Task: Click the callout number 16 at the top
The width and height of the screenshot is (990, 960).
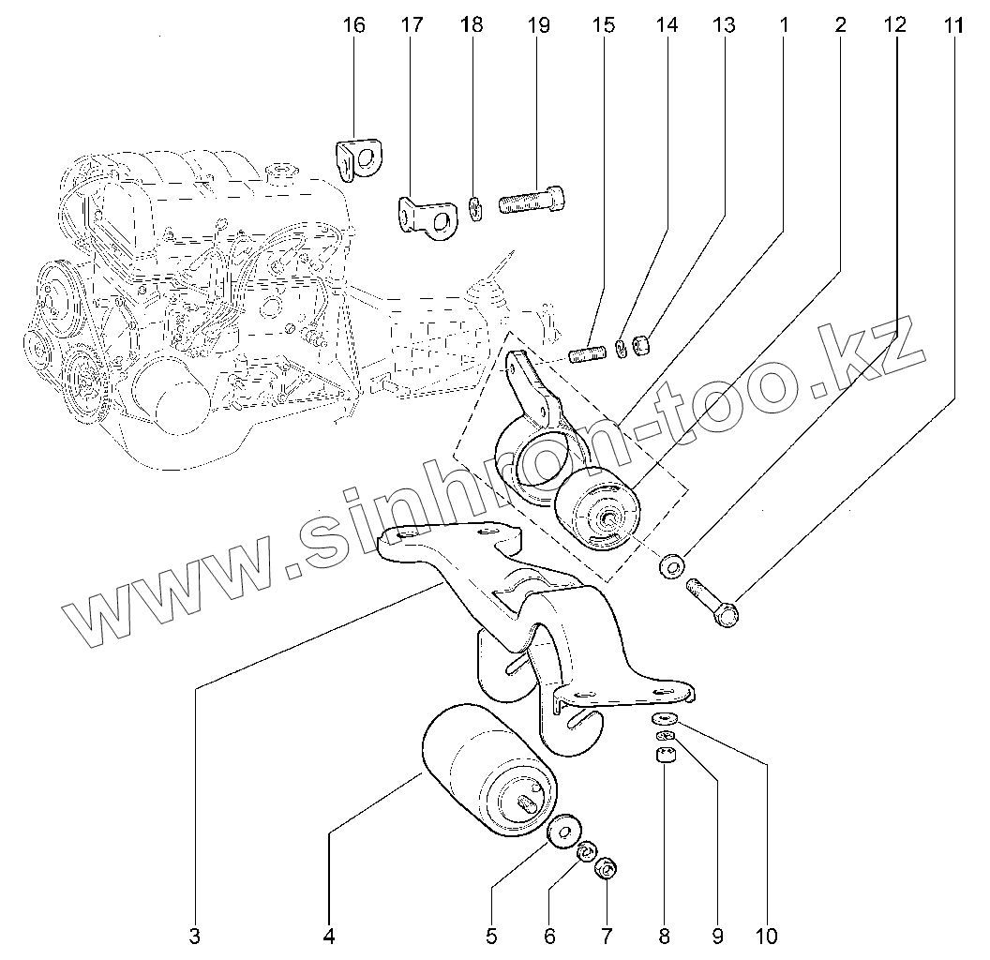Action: coord(353,25)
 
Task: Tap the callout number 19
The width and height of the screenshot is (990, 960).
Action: coord(538,25)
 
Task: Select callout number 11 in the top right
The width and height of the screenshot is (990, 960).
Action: coord(952,25)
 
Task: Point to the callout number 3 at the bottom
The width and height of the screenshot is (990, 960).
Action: coord(194,935)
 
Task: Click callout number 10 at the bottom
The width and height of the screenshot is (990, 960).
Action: coord(766,935)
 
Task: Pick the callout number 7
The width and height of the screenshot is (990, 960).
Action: coord(607,935)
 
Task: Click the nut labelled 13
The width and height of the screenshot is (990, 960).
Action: coord(641,346)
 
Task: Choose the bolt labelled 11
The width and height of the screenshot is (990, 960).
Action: coord(714,602)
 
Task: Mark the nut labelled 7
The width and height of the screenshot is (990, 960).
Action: coord(607,870)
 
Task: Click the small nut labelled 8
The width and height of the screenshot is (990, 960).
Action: coord(665,757)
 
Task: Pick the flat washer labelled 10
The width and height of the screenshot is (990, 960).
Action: coord(665,719)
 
